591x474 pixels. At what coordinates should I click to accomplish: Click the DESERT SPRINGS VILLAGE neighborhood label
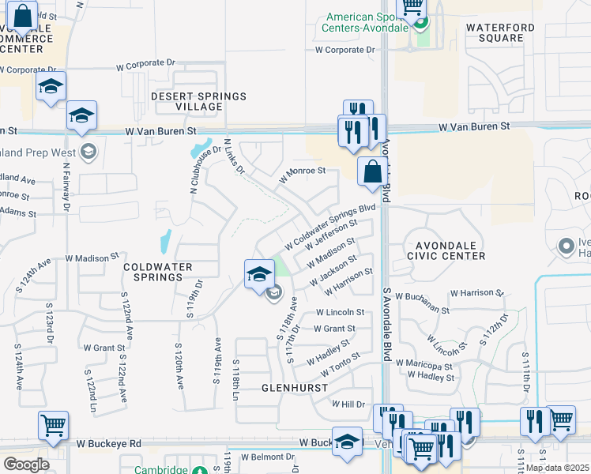click(199, 101)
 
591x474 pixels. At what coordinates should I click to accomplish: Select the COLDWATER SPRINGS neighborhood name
click(158, 273)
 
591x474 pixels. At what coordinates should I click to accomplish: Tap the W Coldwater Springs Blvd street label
click(330, 226)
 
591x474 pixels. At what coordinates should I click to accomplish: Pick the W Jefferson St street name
click(326, 237)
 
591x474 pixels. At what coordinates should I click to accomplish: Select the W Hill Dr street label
click(348, 403)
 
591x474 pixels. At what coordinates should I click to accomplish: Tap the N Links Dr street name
click(235, 156)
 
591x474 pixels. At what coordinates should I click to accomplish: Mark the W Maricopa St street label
click(428, 367)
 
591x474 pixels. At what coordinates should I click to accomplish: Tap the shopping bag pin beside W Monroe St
click(371, 171)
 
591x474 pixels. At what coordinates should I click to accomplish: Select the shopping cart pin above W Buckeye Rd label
click(53, 426)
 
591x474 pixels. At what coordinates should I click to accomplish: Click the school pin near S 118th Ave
click(259, 274)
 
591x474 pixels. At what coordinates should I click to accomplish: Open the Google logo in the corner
click(26, 464)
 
